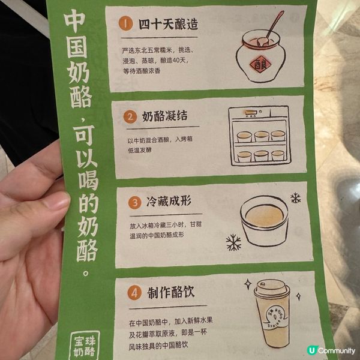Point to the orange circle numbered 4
point(134,292)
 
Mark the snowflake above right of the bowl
point(295,198)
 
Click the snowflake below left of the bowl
point(233,242)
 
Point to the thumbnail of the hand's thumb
point(56,202)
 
